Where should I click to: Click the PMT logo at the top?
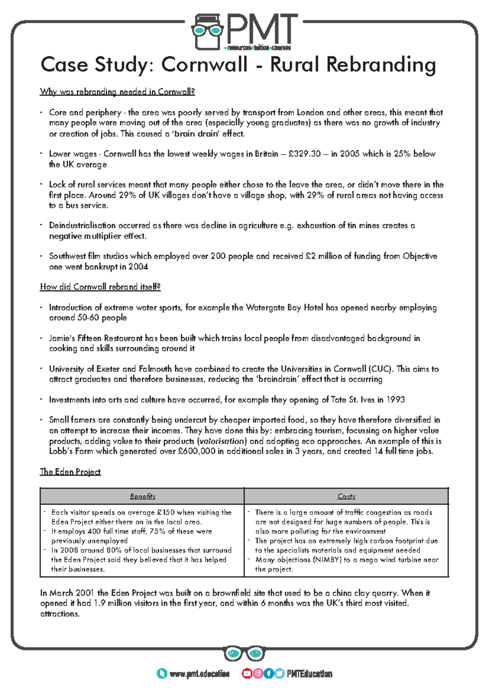click(244, 32)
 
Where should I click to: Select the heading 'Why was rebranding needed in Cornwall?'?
click(117, 92)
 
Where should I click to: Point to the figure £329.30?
click(304, 154)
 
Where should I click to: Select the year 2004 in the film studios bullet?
click(138, 267)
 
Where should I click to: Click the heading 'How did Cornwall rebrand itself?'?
click(100, 287)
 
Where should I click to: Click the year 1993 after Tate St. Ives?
click(395, 400)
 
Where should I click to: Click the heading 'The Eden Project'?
click(70, 472)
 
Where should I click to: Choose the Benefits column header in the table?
click(142, 496)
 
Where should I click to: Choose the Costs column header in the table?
click(346, 496)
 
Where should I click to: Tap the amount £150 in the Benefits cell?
click(165, 513)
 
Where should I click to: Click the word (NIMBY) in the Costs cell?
click(327, 560)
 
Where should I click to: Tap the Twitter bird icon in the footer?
click(279, 673)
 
